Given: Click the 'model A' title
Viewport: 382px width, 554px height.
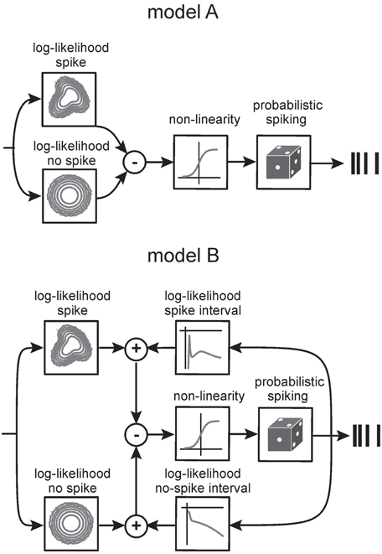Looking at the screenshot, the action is (183, 13).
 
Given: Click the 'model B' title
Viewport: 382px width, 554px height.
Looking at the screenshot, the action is (183, 255).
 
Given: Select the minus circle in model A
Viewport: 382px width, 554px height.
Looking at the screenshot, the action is (134, 163).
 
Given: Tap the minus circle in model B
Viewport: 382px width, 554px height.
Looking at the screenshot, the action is (137, 435).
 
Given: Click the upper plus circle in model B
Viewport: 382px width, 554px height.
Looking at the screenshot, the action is (137, 349).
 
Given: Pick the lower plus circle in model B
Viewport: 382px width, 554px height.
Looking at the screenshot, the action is (137, 526).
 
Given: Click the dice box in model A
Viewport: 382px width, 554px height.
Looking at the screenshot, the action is (284, 162).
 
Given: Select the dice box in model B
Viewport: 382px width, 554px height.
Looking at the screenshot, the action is (286, 435).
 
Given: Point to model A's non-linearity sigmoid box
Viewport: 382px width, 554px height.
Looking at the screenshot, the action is (200, 162).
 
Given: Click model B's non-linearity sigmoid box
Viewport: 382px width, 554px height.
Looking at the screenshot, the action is (203, 435).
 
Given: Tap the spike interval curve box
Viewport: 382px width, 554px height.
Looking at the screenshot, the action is (203, 348).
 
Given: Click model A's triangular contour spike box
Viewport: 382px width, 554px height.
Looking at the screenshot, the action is (69, 99).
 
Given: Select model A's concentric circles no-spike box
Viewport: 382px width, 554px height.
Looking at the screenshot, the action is (70, 196).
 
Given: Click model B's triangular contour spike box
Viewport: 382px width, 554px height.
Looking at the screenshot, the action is (71, 348).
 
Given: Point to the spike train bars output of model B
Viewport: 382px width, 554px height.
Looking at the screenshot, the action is (366, 436).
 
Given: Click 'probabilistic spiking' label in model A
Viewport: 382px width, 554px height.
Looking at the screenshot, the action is (287, 112).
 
